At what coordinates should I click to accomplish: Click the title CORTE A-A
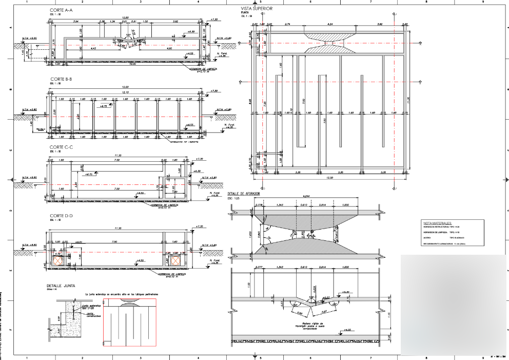pos(61,10)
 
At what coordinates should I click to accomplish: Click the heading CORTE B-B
pos(61,79)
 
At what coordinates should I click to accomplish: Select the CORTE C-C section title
pos(61,147)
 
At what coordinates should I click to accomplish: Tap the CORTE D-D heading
pos(61,216)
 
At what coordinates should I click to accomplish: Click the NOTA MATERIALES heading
pos(437,223)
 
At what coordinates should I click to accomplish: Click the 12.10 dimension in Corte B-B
pos(125,93)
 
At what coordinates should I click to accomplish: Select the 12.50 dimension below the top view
pos(329,178)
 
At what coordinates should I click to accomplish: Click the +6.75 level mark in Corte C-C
pos(89,175)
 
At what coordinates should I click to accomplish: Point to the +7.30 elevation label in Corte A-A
pos(215,19)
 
